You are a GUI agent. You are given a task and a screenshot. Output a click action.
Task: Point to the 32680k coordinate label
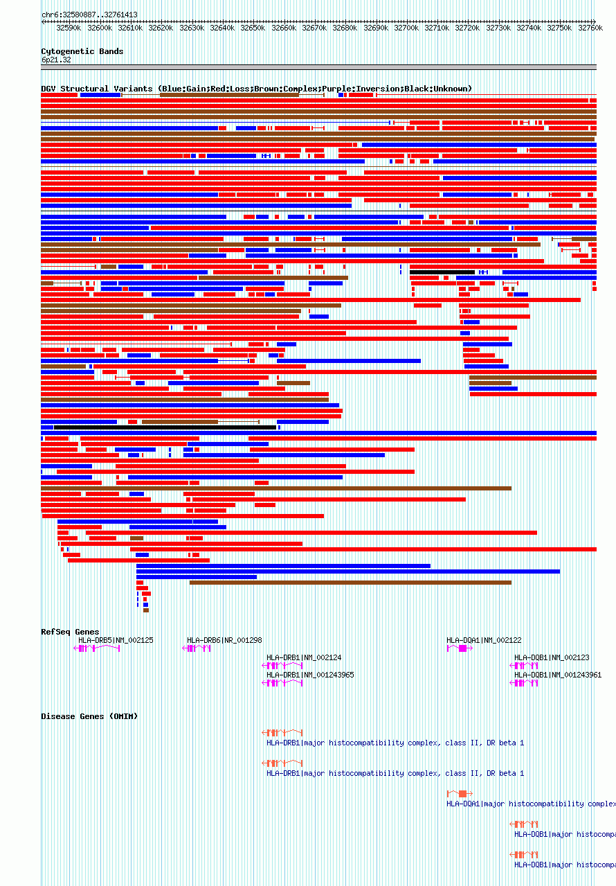[344, 28]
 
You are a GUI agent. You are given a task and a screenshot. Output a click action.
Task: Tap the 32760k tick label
[590, 28]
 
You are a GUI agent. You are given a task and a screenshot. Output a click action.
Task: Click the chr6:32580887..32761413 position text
[89, 15]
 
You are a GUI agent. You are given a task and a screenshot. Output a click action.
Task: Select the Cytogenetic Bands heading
[82, 51]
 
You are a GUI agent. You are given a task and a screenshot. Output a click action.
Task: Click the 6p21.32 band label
[56, 60]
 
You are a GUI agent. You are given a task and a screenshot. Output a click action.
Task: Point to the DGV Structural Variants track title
[256, 89]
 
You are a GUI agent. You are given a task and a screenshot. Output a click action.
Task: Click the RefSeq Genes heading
[70, 632]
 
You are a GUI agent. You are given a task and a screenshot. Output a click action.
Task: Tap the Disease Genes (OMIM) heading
[89, 716]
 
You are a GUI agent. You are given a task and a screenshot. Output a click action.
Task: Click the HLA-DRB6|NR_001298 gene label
[224, 640]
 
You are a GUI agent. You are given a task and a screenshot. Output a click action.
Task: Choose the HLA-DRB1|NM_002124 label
[304, 657]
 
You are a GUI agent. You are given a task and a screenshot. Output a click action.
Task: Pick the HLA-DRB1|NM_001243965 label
[310, 675]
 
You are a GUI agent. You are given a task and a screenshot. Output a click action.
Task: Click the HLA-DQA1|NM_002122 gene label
[484, 640]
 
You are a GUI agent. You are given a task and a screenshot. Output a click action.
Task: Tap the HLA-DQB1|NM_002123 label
[552, 657]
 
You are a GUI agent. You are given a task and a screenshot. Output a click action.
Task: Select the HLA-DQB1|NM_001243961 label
[558, 675]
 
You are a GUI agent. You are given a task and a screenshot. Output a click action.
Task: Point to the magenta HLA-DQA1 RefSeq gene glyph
[460, 648]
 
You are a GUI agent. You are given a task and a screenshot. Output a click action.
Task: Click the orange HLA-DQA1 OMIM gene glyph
[460, 794]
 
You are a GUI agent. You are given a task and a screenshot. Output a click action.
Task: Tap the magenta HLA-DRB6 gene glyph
[197, 648]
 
